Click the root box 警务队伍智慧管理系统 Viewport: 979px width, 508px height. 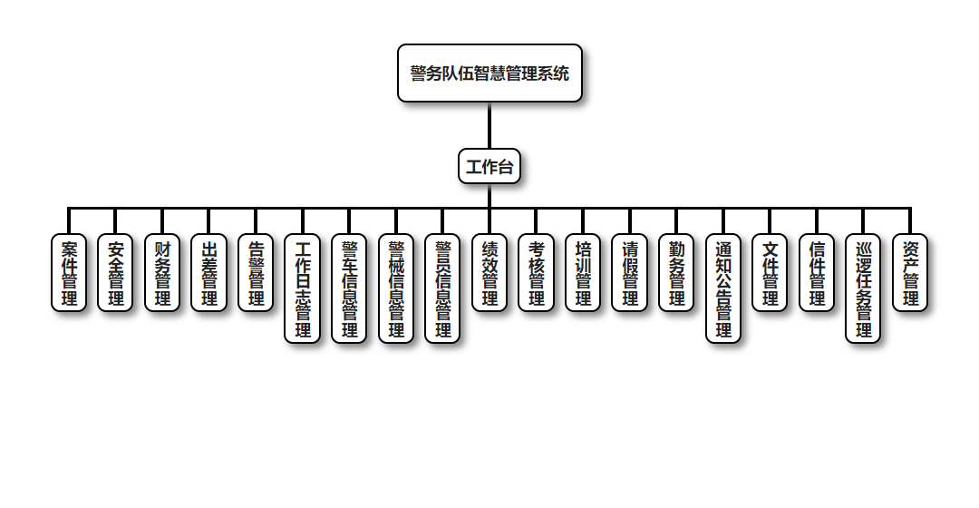click(489, 73)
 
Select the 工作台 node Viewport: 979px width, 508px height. click(489, 167)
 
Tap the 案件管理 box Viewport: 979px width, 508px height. click(69, 273)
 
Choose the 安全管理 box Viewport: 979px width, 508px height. click(116, 273)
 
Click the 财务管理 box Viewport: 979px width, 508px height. click(162, 273)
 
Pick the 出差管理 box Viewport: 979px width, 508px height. click(209, 273)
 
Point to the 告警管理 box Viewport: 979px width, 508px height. click(256, 273)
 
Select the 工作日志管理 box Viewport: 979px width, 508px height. click(303, 288)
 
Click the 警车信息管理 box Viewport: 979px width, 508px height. click(349, 288)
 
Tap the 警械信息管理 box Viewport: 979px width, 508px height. click(396, 288)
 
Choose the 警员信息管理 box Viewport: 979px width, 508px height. click(442, 288)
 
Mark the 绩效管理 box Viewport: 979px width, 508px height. click(489, 273)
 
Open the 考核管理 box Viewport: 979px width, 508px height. click(536, 273)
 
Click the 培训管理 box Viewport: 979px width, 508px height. click(583, 273)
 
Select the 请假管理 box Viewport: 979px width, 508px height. click(629, 273)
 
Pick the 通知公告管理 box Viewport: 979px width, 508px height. click(723, 288)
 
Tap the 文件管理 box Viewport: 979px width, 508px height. click(770, 273)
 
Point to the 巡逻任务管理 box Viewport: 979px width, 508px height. click(863, 288)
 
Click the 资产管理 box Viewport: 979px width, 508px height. click(910, 273)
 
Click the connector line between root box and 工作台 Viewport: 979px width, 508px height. click(489, 125)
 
